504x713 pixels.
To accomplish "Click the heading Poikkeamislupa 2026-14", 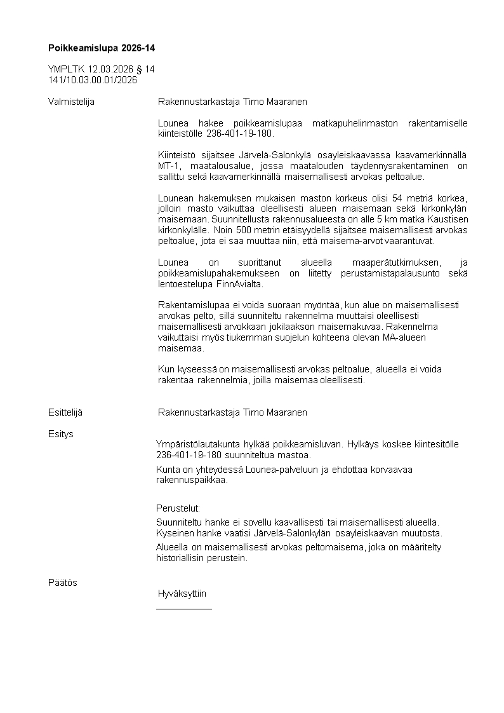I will pos(102,48).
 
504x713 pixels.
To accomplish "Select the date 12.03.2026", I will pos(110,69).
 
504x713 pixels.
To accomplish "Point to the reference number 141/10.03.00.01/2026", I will pos(93,80).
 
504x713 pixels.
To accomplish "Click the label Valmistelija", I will pos(71,102).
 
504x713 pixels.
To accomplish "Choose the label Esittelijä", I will pos(65,412).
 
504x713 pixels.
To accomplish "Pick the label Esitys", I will pos(60,434).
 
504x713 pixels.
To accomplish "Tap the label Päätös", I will pos(62,582).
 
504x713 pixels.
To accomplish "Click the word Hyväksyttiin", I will pos(182,594).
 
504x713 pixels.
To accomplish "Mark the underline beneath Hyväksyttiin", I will pos(184,609).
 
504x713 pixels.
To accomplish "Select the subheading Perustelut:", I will pos(178,508).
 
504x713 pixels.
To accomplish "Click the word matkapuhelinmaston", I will pos(352,123).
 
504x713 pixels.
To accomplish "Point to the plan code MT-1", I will pos(168,166).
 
